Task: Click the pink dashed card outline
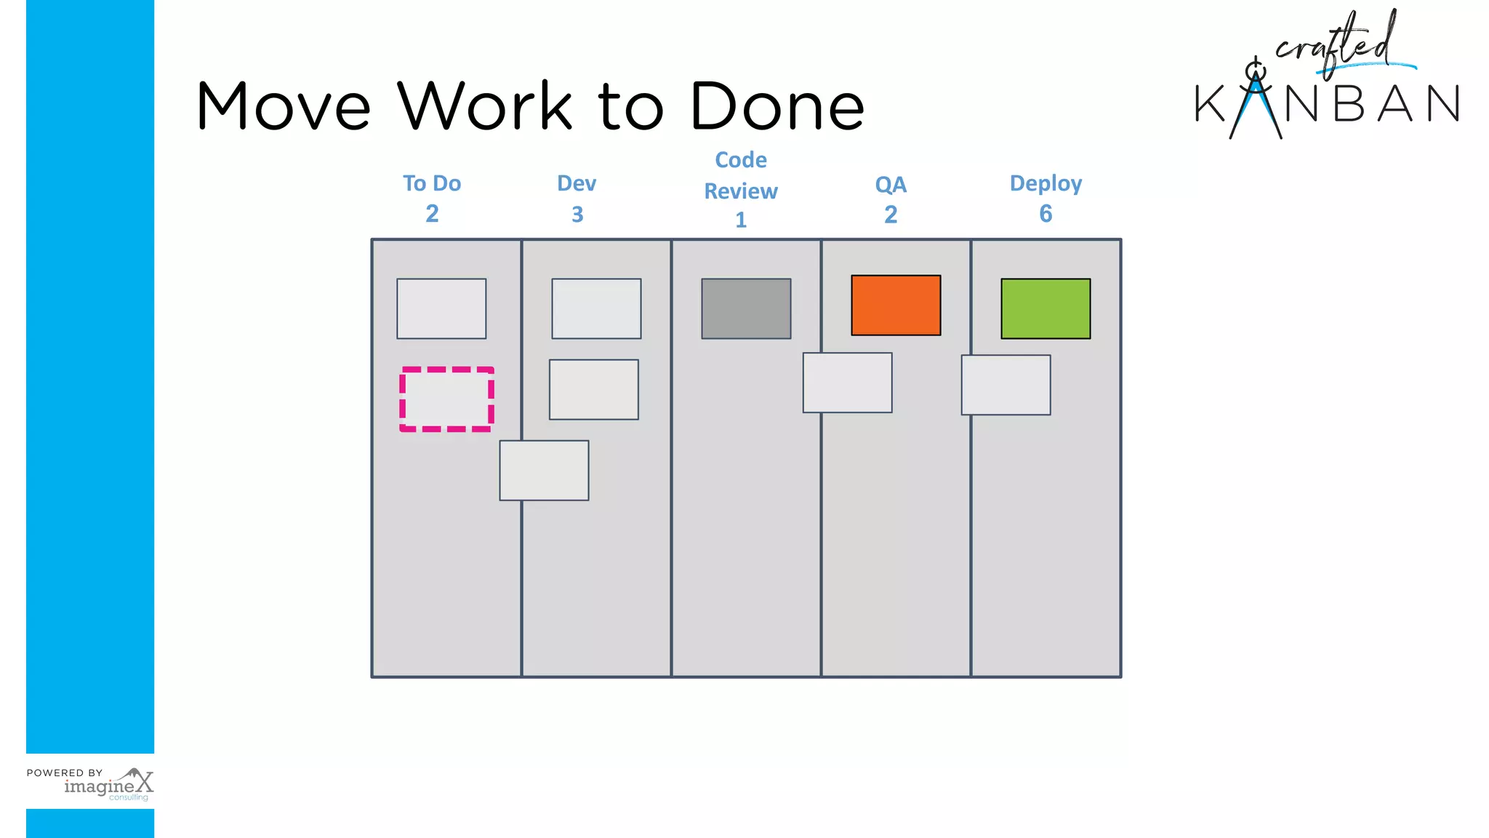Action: [x=446, y=399]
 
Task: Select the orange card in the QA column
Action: [x=896, y=306]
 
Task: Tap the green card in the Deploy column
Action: [x=1045, y=308]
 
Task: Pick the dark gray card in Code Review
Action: [x=746, y=308]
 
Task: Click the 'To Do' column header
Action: [x=432, y=183]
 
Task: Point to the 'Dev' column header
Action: [x=577, y=183]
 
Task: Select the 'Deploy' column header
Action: [x=1045, y=183]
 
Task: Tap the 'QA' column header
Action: [x=891, y=185]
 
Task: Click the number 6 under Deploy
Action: [x=1045, y=214]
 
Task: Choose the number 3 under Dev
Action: [x=577, y=215]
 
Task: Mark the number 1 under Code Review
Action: [x=741, y=220]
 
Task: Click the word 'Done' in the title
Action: [x=777, y=106]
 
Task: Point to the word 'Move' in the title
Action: [x=284, y=106]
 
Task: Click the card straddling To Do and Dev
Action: [x=544, y=471]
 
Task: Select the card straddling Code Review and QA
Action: [x=847, y=383]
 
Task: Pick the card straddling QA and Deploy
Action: [x=1006, y=385]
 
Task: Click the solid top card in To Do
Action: [x=441, y=308]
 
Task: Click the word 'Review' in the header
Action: [x=741, y=191]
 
